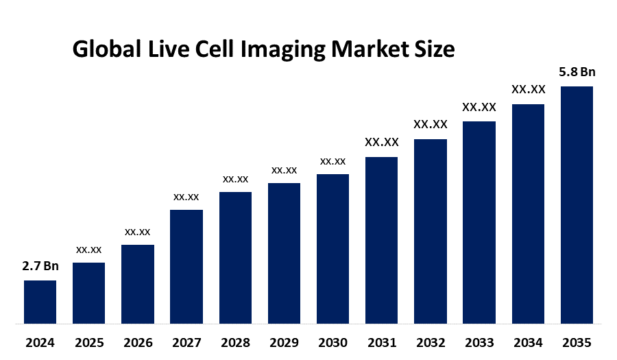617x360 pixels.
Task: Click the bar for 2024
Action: coord(40,302)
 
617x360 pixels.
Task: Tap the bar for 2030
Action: coord(332,248)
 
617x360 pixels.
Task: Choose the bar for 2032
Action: coord(431,231)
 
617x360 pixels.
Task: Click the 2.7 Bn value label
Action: coord(40,266)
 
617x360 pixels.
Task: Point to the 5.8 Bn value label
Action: coord(577,72)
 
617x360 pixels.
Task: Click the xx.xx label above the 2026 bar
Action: coord(137,232)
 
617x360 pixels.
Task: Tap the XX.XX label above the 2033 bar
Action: coord(479,107)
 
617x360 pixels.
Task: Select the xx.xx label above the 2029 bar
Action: coord(284,170)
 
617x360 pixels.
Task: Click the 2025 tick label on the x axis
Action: coord(88,342)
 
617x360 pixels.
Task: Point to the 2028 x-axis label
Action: coord(235,342)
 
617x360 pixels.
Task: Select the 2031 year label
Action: coord(382,342)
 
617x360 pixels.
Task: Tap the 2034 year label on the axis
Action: coord(528,342)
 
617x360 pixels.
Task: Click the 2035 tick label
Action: coord(577,342)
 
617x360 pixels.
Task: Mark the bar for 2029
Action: coord(284,253)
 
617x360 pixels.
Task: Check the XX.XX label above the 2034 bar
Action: coord(528,90)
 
